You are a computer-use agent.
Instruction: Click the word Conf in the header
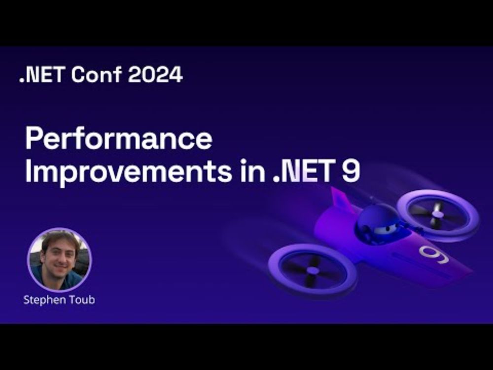[96, 75]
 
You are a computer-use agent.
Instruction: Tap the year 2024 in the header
[155, 75]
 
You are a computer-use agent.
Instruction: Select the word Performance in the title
[119, 140]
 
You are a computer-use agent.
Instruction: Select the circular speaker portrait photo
[60, 260]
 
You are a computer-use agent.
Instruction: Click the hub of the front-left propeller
[312, 270]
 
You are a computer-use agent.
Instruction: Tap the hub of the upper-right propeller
[437, 214]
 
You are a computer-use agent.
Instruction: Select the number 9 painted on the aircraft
[434, 254]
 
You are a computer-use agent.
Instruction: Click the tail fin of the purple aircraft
[341, 198]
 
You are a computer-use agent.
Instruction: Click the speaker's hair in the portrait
[60, 237]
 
